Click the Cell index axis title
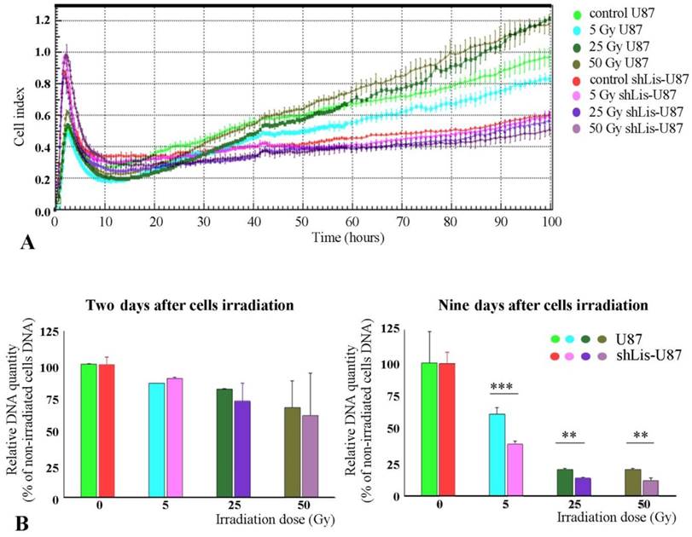pyautogui.click(x=19, y=114)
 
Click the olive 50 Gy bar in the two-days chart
pyautogui.click(x=293, y=451)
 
